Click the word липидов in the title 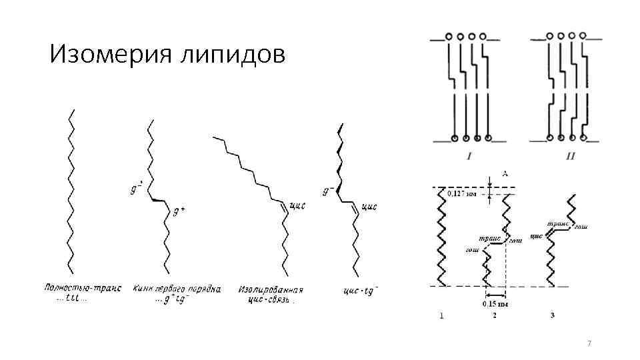click(x=233, y=55)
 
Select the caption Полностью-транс click(x=83, y=289)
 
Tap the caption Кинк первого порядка click(x=177, y=289)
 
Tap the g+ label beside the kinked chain click(x=179, y=211)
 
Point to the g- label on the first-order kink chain click(x=136, y=189)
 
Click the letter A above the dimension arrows click(x=505, y=173)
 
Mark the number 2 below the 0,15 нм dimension click(x=495, y=316)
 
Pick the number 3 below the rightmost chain click(x=553, y=315)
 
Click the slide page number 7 click(x=589, y=343)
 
